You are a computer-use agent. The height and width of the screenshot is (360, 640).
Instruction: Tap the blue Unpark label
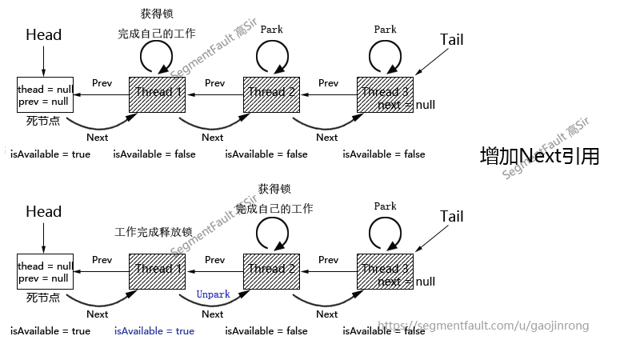[213, 294]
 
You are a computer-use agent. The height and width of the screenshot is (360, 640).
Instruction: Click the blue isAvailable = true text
[154, 331]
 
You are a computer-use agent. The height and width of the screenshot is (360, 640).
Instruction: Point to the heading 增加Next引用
[538, 156]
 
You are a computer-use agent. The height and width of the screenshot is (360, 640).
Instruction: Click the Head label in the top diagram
[43, 35]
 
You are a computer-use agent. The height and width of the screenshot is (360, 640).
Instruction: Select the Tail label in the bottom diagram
[451, 217]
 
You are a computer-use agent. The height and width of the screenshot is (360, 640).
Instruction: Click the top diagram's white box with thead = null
[45, 95]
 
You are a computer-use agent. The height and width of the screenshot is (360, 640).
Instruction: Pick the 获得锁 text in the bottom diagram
[274, 190]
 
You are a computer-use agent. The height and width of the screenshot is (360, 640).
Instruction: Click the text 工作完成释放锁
[154, 233]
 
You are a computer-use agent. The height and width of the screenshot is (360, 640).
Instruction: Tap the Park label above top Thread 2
[271, 30]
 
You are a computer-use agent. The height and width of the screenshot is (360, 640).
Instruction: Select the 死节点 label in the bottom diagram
[43, 298]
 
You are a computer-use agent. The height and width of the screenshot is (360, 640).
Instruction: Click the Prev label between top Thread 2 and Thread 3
[328, 83]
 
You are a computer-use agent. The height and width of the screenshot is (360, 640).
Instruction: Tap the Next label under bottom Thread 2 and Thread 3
[326, 314]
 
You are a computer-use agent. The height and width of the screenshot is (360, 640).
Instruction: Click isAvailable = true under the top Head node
[50, 154]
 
